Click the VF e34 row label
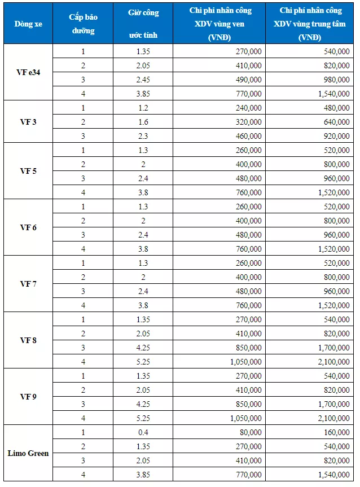click(x=28, y=72)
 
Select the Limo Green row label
click(x=28, y=453)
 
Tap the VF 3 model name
click(x=28, y=121)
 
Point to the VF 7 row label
click(x=28, y=284)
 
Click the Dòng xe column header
click(x=28, y=24)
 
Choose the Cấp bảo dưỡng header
click(x=84, y=24)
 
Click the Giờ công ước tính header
click(x=143, y=24)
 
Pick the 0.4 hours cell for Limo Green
click(x=143, y=432)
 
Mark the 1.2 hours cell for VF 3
click(x=143, y=108)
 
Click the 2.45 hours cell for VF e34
click(x=143, y=80)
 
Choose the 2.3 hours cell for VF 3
click(x=143, y=136)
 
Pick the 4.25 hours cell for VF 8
click(x=143, y=348)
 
